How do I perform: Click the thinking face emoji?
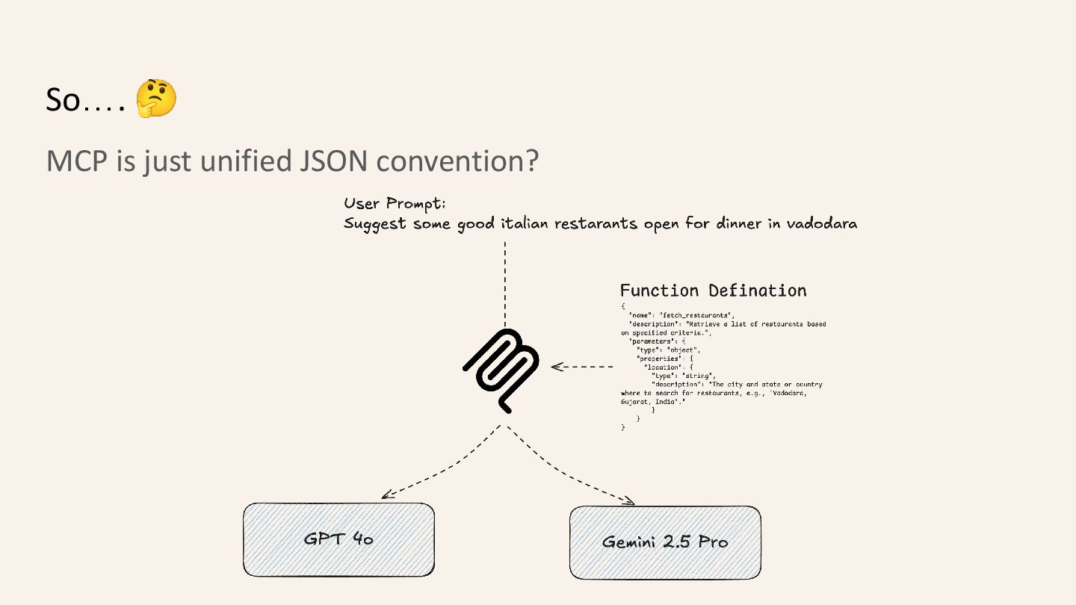click(x=156, y=99)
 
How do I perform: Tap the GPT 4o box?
click(x=338, y=539)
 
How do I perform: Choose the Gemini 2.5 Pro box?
click(x=665, y=542)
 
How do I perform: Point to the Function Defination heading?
click(x=713, y=291)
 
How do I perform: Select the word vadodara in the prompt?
click(x=821, y=223)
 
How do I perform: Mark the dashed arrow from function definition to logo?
click(x=582, y=367)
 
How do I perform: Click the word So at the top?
click(x=63, y=100)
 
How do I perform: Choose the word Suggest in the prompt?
click(x=376, y=224)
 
